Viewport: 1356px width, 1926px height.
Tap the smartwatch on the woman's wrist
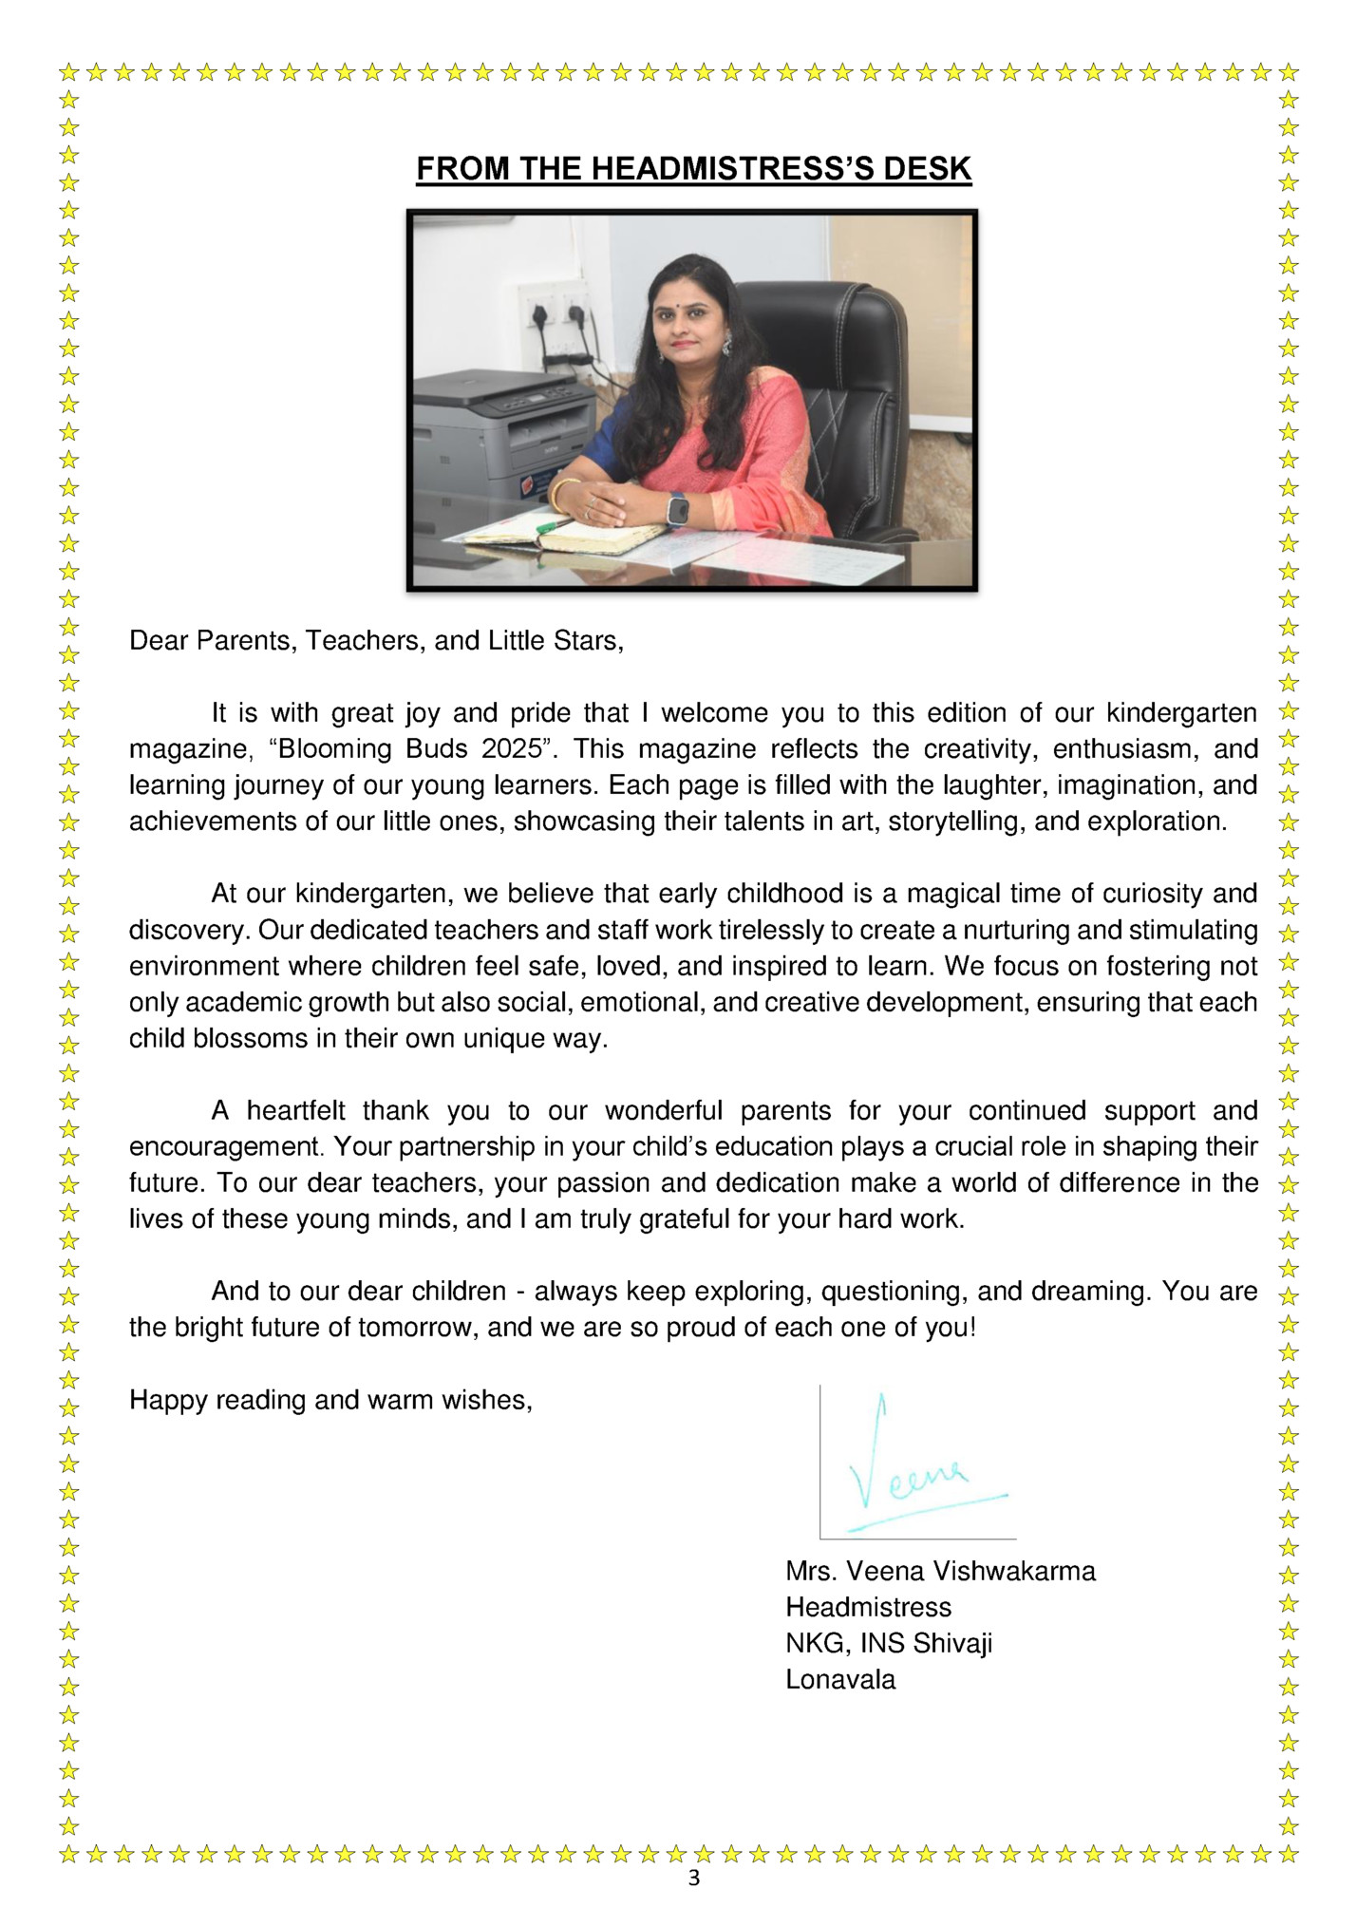pyautogui.click(x=677, y=508)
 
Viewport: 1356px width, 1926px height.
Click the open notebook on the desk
pyautogui.click(x=570, y=538)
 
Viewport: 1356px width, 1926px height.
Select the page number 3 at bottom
pyautogui.click(x=693, y=1878)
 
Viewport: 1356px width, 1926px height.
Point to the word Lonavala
pyautogui.click(x=840, y=1679)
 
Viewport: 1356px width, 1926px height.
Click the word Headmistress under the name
pyautogui.click(x=868, y=1607)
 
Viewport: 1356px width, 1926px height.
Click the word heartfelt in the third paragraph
pyautogui.click(x=296, y=1110)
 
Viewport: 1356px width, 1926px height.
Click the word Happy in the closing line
pyautogui.click(x=168, y=1400)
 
